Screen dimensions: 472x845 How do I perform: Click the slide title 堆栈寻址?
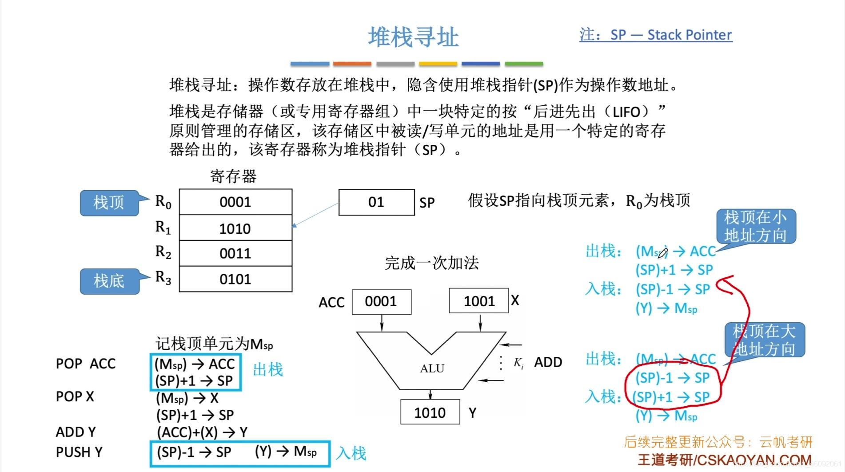point(413,37)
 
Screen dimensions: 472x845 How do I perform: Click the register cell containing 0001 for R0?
point(235,202)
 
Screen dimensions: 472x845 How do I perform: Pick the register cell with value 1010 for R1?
point(235,228)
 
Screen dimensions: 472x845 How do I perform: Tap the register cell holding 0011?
point(235,253)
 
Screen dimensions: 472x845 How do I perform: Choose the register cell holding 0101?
point(235,279)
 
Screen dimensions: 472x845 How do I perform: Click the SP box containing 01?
point(376,202)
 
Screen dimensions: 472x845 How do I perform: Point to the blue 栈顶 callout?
point(109,203)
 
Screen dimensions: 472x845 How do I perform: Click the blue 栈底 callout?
point(109,281)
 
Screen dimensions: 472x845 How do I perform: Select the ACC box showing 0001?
point(381,302)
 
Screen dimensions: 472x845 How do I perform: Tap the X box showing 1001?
point(479,301)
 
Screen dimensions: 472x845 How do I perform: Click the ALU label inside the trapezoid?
point(432,368)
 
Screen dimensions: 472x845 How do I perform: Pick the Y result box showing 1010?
point(430,413)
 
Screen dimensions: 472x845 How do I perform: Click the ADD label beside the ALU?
point(548,362)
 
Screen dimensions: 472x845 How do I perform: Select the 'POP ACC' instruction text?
point(86,364)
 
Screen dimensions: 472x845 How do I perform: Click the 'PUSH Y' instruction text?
point(79,452)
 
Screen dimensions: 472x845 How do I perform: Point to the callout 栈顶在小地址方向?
point(755,226)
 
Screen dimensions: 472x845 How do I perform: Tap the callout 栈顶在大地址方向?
point(764,340)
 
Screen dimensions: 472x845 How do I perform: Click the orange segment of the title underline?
point(352,64)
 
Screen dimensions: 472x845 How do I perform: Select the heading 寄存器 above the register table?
point(233,176)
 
